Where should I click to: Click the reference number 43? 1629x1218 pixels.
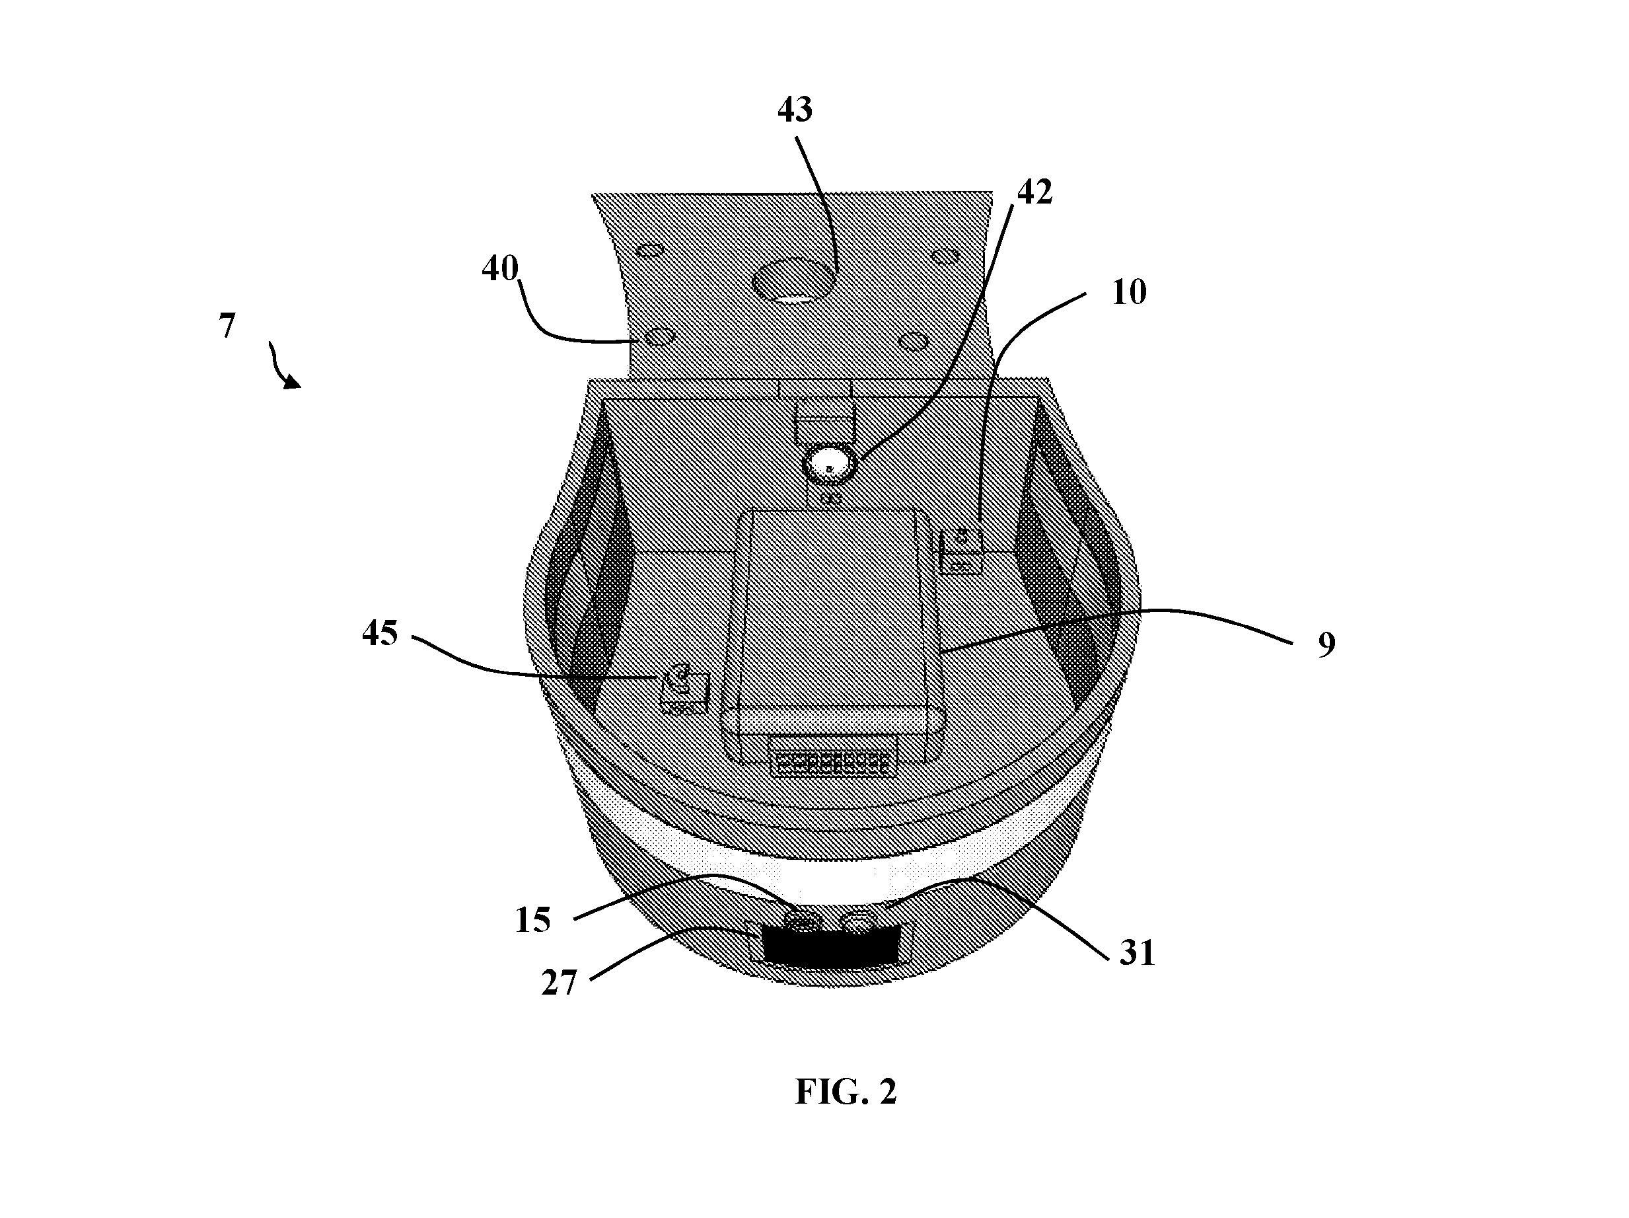[795, 110]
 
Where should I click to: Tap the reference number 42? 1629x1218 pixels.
[1034, 192]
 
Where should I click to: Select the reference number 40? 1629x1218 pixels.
[500, 269]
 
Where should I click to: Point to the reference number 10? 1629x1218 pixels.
[1129, 293]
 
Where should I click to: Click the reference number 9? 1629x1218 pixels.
[1326, 645]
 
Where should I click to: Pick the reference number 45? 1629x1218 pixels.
[380, 633]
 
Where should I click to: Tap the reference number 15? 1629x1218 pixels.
[532, 921]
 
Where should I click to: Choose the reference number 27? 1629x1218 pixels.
[559, 983]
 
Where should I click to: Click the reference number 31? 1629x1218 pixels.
[1137, 954]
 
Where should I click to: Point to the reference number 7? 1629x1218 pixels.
[227, 326]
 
